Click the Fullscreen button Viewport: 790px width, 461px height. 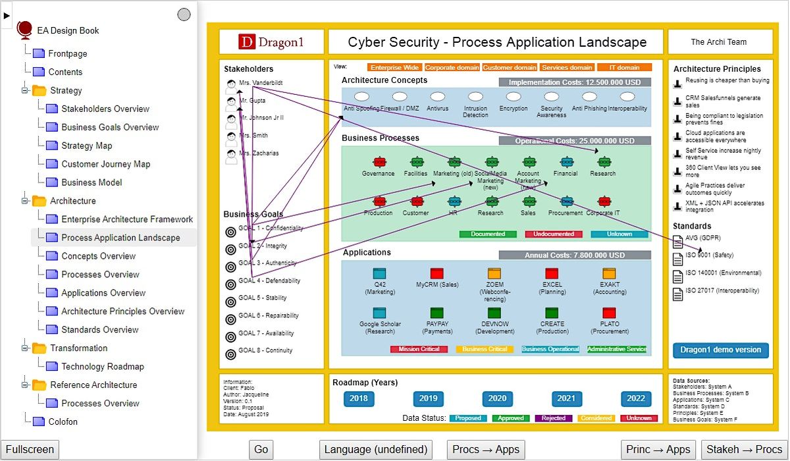pos(30,450)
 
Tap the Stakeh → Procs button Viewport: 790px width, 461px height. pos(744,450)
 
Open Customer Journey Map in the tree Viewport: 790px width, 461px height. pos(105,164)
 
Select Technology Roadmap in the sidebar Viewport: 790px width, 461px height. pos(102,367)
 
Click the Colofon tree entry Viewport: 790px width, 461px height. pos(63,422)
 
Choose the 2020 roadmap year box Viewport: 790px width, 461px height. pos(497,398)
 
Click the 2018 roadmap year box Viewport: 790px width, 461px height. pos(359,398)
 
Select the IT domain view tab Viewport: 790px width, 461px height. pos(624,67)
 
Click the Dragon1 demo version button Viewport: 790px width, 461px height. pos(720,350)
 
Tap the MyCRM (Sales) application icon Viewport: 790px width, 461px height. pos(437,273)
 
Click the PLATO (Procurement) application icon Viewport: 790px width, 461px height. pos(609,313)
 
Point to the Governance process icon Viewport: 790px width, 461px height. pos(379,162)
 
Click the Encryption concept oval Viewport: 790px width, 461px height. pos(513,97)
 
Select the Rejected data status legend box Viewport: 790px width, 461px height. pos(554,418)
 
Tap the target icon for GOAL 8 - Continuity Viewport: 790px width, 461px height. pos(230,354)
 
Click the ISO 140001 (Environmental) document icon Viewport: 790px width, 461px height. pos(677,277)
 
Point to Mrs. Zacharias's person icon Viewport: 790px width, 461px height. pos(231,156)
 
